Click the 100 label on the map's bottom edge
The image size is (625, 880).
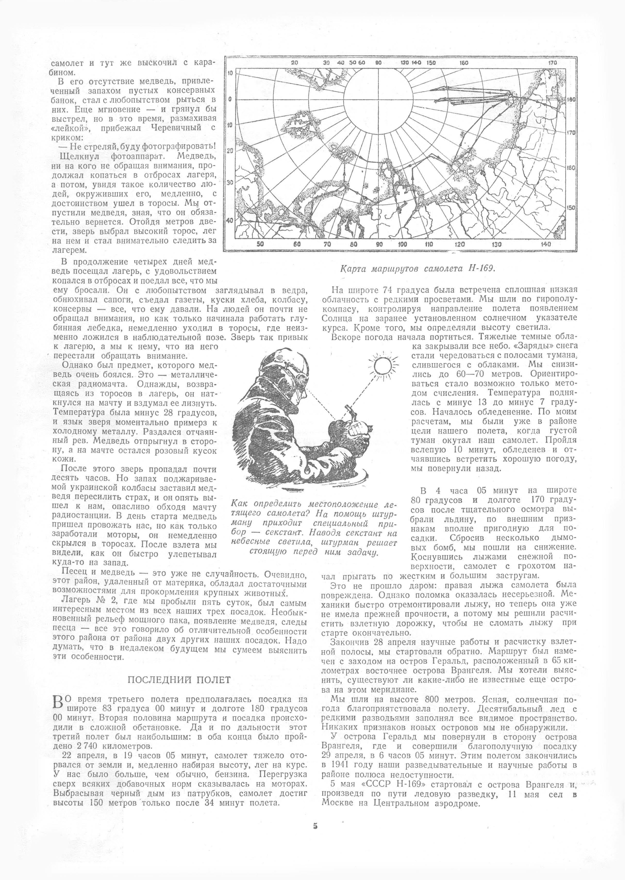(403, 244)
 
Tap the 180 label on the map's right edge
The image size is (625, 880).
(571, 99)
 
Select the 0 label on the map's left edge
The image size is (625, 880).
(229, 99)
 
